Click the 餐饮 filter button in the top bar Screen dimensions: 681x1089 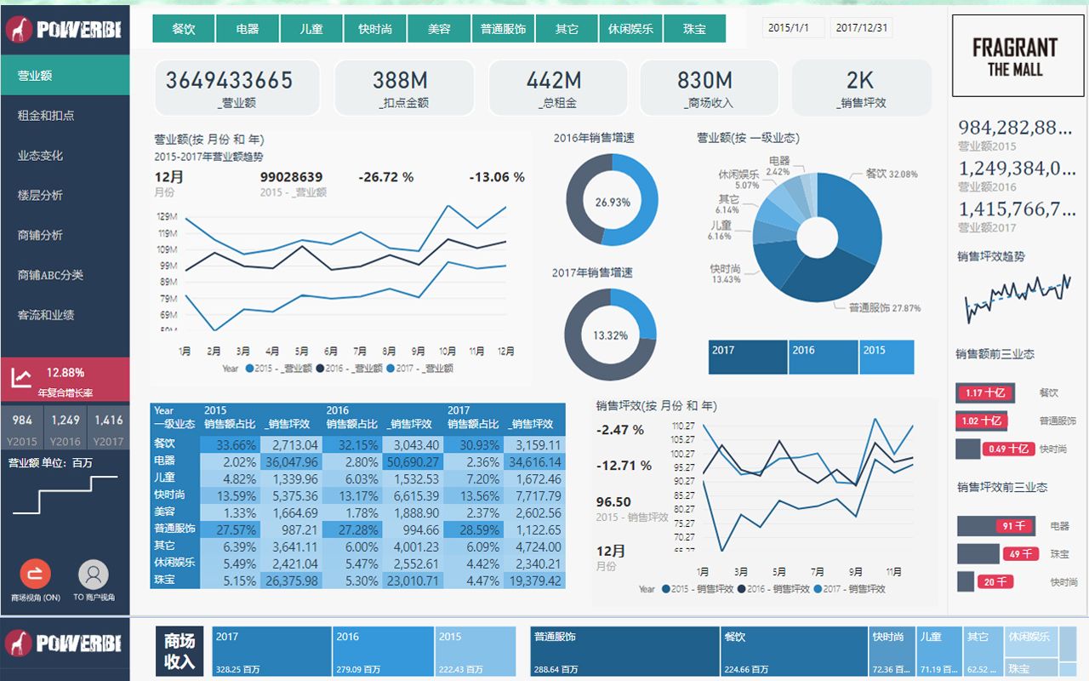[184, 29]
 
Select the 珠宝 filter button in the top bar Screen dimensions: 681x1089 [694, 29]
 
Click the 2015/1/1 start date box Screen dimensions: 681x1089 [791, 28]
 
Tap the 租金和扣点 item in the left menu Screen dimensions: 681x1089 [46, 116]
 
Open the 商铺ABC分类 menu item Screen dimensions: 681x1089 [50, 275]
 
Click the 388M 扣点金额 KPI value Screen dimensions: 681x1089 [400, 81]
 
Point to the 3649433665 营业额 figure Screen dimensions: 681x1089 [229, 81]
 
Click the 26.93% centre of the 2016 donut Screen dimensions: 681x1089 [613, 203]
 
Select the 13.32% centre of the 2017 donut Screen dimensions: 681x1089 [610, 335]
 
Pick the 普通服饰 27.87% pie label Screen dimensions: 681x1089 [884, 307]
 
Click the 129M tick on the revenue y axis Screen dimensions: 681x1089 [168, 217]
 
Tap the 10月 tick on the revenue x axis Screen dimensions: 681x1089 [448, 352]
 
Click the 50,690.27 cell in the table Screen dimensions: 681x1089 [413, 462]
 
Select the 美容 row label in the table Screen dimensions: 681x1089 [164, 512]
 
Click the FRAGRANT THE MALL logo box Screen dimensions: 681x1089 [1015, 58]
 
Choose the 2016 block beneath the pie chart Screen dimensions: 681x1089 [823, 357]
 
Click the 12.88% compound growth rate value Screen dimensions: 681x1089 [66, 373]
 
